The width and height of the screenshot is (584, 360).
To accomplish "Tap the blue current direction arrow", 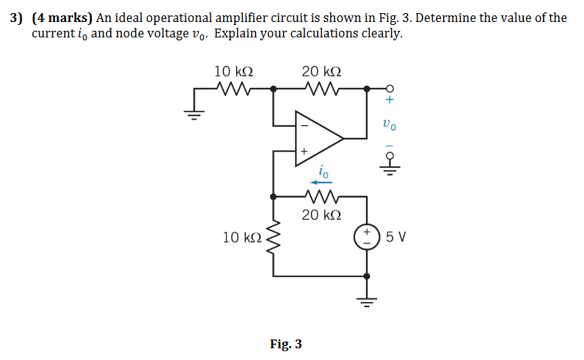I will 321,183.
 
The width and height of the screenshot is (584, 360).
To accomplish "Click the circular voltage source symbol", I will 366,237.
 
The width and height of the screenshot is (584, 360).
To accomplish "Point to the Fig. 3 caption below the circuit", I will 285,344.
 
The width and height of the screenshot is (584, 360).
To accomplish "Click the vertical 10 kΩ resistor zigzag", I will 274,237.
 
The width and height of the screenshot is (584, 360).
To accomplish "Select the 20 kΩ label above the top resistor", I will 321,71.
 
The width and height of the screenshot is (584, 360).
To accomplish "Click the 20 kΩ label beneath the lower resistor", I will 321,215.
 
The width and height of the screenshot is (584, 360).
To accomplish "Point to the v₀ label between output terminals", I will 390,125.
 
